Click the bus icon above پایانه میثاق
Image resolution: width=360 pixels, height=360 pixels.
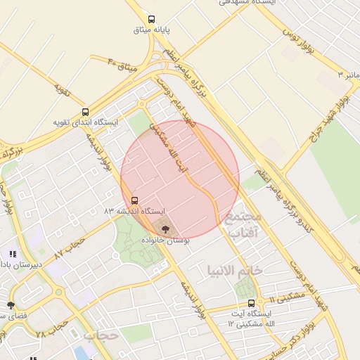[x=152, y=20]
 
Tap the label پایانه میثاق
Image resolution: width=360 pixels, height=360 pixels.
[x=153, y=30]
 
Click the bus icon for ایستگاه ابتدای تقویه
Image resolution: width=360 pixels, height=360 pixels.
[x=86, y=112]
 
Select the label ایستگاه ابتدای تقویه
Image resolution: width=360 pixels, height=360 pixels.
[x=86, y=122]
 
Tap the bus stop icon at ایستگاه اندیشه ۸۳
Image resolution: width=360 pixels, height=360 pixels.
[x=134, y=200]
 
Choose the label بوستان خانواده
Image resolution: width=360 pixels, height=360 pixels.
[x=165, y=239]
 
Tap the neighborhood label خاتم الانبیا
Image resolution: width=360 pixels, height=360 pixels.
[x=235, y=270]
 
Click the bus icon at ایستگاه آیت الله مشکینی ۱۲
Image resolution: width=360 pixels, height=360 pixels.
[x=251, y=303]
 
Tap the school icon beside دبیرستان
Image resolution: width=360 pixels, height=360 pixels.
[x=12, y=253]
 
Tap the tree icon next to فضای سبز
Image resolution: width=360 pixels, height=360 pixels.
[x=10, y=305]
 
